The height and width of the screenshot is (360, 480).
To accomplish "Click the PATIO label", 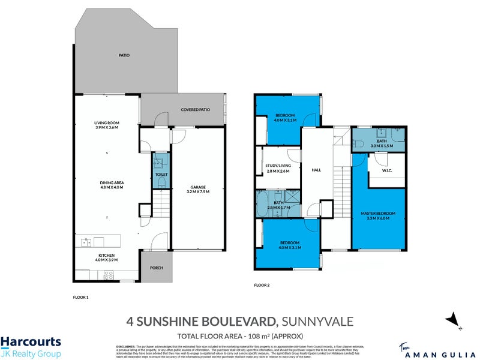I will (124, 55).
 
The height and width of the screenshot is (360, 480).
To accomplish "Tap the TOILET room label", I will (161, 175).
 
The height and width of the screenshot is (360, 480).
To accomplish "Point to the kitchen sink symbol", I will (87, 242).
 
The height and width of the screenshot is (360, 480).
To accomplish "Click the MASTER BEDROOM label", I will (379, 214).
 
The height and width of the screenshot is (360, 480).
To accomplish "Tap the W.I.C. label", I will (387, 170).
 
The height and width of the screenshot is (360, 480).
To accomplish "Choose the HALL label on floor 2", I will (316, 170).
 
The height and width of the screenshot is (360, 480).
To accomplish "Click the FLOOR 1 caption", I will (80, 297).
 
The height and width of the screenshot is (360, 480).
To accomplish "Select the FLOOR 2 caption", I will (262, 285).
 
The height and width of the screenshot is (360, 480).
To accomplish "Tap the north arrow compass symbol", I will (454, 321).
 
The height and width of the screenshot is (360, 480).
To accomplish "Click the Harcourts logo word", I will (31, 343).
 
